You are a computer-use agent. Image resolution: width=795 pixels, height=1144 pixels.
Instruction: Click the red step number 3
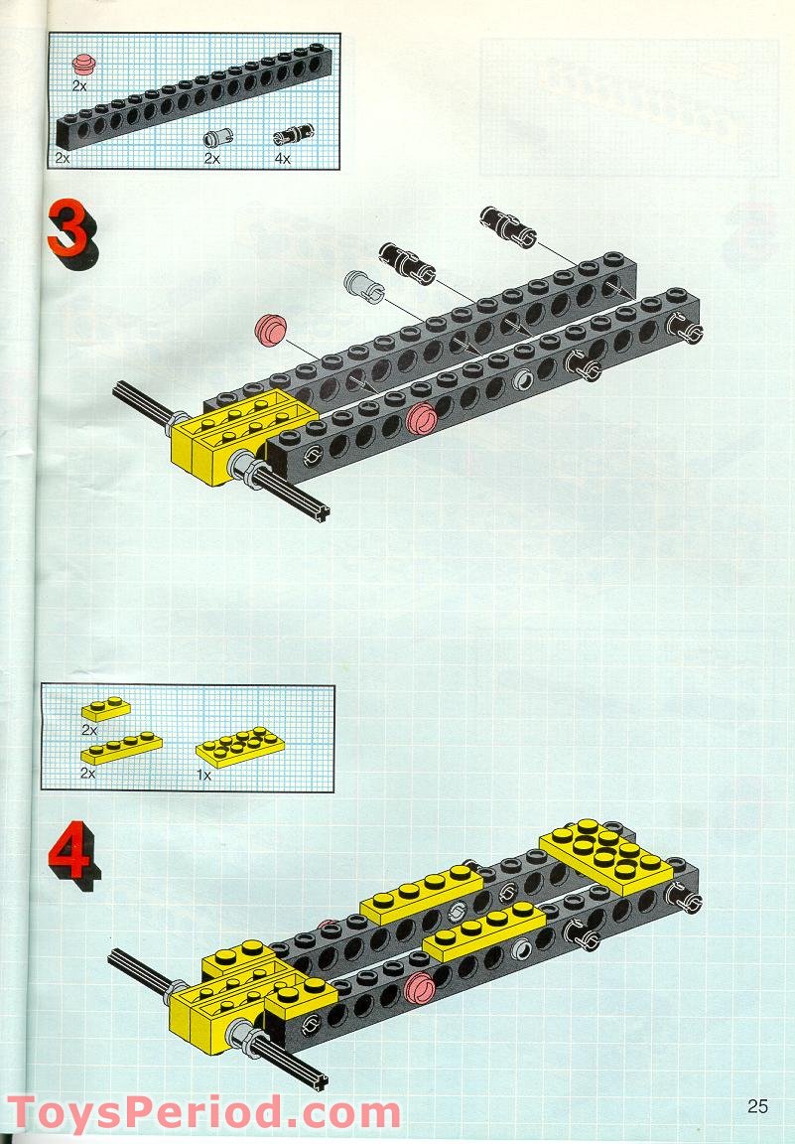click(70, 231)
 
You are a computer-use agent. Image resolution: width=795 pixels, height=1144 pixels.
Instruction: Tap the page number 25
click(758, 1106)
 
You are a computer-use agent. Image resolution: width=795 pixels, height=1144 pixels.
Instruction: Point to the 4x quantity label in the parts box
click(283, 158)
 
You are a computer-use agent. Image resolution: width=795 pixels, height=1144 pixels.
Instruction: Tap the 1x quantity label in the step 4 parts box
click(203, 774)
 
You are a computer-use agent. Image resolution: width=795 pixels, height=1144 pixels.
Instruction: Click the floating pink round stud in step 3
click(269, 330)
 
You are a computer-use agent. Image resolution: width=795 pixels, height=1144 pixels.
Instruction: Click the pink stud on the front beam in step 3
click(421, 420)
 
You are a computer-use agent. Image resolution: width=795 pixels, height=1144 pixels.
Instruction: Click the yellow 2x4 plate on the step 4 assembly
click(605, 853)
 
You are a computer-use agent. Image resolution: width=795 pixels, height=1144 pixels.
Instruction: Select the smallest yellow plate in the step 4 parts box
click(106, 709)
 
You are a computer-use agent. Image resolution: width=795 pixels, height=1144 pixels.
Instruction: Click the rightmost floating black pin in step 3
click(505, 226)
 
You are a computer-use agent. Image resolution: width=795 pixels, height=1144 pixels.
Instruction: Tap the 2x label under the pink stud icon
click(79, 86)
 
